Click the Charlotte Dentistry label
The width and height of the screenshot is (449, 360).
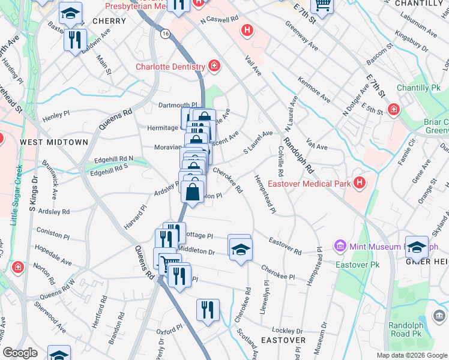[x=170, y=67]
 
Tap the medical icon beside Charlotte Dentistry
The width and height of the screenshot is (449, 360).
[x=214, y=66]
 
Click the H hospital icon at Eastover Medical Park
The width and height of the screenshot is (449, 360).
[x=360, y=182]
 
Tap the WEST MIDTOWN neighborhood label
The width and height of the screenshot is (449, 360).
[x=54, y=142]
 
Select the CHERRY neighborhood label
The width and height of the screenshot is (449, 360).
[x=109, y=21]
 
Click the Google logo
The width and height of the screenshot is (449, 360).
[x=20, y=352]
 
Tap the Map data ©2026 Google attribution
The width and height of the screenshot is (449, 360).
[x=412, y=355]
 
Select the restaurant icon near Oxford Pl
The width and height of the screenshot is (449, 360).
[x=207, y=310]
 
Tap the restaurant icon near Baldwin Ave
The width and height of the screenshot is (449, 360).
[x=74, y=40]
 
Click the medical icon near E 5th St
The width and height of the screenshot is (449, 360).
[x=394, y=109]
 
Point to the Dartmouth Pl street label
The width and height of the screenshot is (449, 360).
[x=178, y=105]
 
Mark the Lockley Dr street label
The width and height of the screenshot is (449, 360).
[x=287, y=331]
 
